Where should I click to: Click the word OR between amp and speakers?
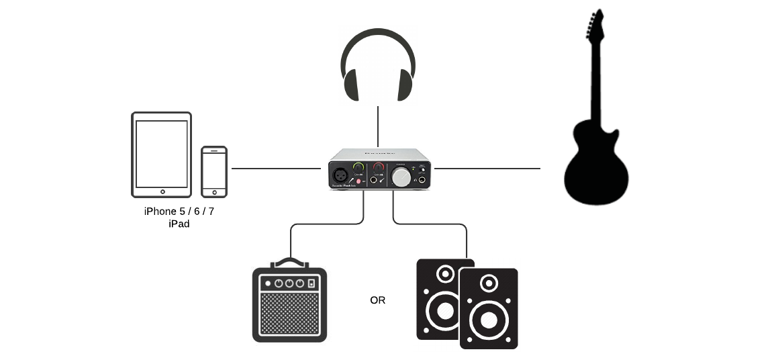pyautogui.click(x=377, y=300)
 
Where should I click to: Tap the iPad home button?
pyautogui.click(x=161, y=191)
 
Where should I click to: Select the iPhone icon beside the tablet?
pyautogui.click(x=215, y=171)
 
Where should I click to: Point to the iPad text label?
pyautogui.click(x=179, y=224)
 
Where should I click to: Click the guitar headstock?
pyautogui.click(x=593, y=26)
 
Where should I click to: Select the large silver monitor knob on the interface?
pyautogui.click(x=401, y=177)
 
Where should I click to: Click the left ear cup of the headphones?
pyautogui.click(x=354, y=86)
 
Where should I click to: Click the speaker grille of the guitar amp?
pyautogui.click(x=289, y=314)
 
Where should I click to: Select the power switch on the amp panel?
pyautogui.click(x=311, y=283)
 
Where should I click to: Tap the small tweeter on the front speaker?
pyautogui.click(x=488, y=282)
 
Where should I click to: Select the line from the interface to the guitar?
pyautogui.click(x=486, y=168)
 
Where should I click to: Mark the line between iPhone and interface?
pyautogui.click(x=276, y=168)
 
